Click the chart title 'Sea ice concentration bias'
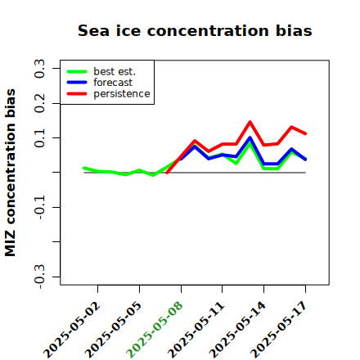[195, 30]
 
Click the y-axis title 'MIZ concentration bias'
[11, 173]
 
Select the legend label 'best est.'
[115, 71]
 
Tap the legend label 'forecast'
[113, 83]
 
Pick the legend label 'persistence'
[122, 94]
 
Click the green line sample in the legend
[77, 72]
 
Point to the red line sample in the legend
[77, 94]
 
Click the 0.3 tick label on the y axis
[39, 69]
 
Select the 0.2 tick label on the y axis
[39, 103]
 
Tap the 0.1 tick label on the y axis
[39, 138]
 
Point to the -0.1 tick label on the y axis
[39, 207]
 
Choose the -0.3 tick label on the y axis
[39, 277]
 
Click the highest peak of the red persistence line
[250, 122]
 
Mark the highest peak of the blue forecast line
[250, 137]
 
